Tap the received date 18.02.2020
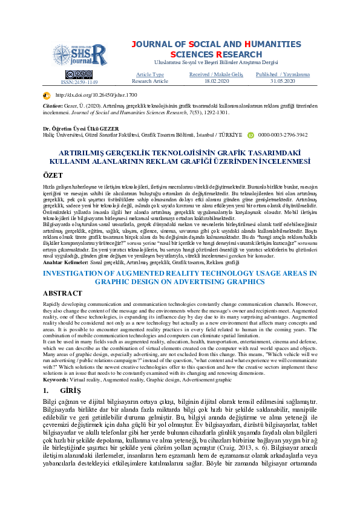[x=216, y=80]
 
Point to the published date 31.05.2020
[x=282, y=80]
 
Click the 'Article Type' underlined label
[x=150, y=74]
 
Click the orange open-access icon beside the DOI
[x=46, y=96]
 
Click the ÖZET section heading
[x=54, y=174]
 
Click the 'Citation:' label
[x=54, y=106]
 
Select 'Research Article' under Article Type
[x=150, y=80]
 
